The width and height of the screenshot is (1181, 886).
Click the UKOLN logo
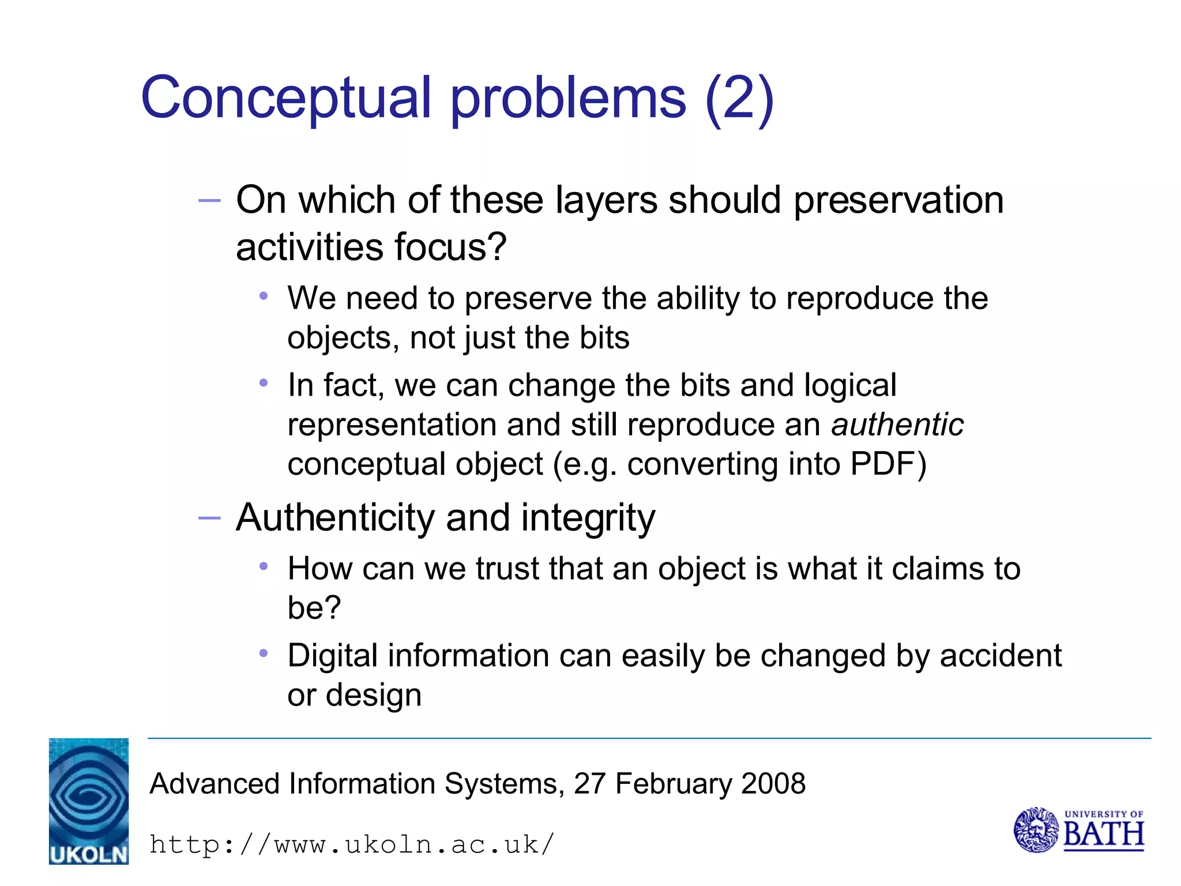89,801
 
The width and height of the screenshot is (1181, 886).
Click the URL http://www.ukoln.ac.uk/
352,845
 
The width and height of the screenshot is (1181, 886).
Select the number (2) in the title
739,99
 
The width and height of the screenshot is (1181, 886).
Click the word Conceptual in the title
286,99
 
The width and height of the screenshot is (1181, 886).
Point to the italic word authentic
897,425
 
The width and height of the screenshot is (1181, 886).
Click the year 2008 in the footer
773,784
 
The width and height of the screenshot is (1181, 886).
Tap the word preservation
899,200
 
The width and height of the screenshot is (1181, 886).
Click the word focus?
450,247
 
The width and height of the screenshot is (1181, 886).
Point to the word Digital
333,656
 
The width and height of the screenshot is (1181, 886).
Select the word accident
1001,656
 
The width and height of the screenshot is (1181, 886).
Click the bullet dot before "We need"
264,296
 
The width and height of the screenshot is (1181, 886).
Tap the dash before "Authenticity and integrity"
209,518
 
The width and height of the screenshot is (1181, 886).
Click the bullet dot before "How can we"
264,567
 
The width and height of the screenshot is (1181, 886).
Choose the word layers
606,200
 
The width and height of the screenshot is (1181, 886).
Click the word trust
507,569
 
